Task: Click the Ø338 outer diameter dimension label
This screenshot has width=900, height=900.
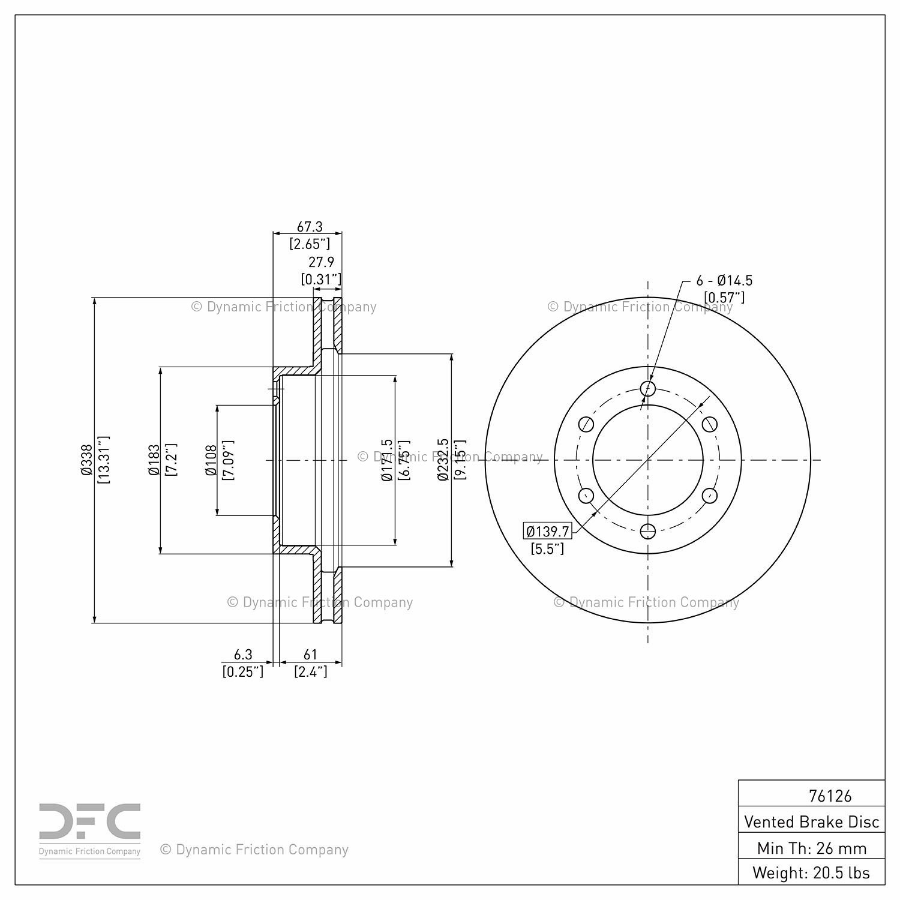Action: [x=86, y=460]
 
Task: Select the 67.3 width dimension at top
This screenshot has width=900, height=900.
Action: [x=310, y=227]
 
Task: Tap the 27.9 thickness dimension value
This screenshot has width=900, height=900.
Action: [x=321, y=262]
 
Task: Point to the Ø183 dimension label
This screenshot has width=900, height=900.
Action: [x=154, y=460]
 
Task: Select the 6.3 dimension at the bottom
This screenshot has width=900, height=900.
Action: [x=243, y=655]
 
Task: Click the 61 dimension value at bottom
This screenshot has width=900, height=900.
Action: [x=310, y=655]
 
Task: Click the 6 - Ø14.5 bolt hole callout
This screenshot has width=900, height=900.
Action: [x=724, y=280]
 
